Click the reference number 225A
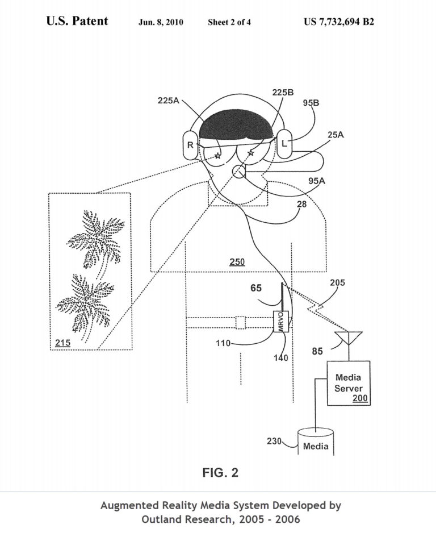[169, 101]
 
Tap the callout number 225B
[283, 93]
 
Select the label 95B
[311, 103]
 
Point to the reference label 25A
[336, 135]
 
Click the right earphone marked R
[190, 145]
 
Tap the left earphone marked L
[284, 144]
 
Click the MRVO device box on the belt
[281, 322]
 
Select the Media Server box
[349, 383]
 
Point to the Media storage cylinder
[316, 442]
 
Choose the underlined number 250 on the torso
[237, 263]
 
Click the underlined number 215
[62, 343]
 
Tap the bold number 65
[255, 288]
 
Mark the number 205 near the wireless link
[337, 283]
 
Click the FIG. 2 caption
[220, 473]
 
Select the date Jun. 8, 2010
[161, 22]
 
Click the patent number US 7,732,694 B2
[339, 22]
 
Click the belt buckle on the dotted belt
[241, 323]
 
